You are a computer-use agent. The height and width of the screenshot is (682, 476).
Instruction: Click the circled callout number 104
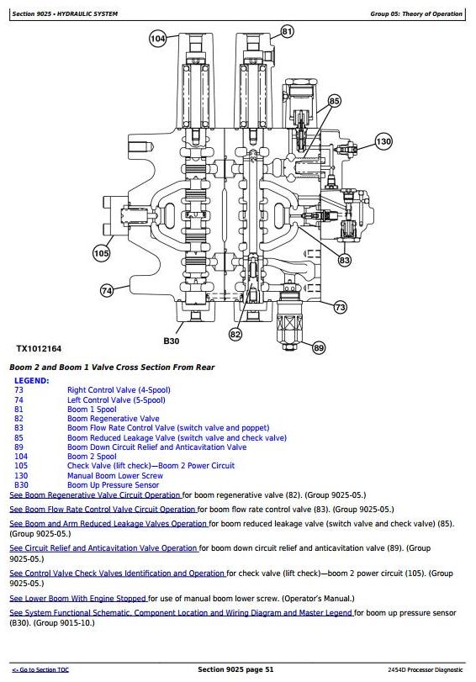(157, 39)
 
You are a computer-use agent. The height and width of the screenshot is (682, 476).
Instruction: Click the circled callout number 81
(287, 31)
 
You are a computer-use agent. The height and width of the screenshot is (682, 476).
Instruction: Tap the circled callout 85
(334, 102)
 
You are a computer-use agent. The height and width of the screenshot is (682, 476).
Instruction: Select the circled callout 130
(383, 141)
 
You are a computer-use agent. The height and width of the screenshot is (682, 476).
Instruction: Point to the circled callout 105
(101, 253)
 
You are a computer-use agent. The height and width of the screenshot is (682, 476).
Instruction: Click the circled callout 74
(107, 291)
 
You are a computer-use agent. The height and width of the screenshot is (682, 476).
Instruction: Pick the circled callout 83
(344, 260)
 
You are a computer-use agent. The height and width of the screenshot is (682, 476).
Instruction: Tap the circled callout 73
(341, 307)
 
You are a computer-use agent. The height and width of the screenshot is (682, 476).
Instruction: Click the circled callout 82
(235, 334)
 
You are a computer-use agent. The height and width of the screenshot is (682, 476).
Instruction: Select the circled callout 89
(319, 347)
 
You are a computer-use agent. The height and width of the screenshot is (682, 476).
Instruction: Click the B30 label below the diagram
(172, 341)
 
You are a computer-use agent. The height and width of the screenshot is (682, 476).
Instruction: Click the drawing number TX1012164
(39, 349)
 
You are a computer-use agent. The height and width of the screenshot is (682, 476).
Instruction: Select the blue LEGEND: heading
(32, 381)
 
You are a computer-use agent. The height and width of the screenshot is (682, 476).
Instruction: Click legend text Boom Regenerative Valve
(114, 419)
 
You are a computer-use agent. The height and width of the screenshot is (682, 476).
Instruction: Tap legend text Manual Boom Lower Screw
(115, 476)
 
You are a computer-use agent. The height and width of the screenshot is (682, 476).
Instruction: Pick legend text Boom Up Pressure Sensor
(114, 485)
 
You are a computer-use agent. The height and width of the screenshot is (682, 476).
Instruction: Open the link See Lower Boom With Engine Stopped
(78, 599)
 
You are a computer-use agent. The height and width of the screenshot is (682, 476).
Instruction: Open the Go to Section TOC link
(40, 670)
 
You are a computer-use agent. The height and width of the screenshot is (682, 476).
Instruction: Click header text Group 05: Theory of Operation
(416, 14)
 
